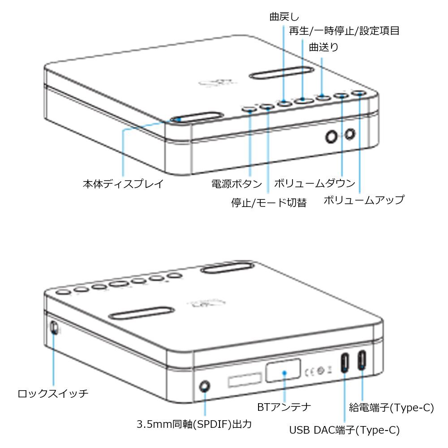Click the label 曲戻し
tap(284, 17)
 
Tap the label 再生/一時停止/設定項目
tap(344, 30)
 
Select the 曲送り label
tap(324, 47)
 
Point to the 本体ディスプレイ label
tap(123, 183)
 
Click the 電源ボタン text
tap(237, 184)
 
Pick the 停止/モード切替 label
tap(269, 202)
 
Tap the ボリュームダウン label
tap(315, 183)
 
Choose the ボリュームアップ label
tap(364, 200)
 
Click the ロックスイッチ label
tap(53, 393)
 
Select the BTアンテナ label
tap(284, 407)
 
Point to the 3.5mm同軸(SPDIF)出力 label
tap(194, 424)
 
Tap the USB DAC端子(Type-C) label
tap(344, 430)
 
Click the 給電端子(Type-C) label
tap(392, 407)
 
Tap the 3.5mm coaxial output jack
tap(205, 387)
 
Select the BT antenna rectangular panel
tap(283, 370)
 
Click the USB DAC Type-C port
tap(345, 363)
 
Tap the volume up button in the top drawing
tap(359, 93)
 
